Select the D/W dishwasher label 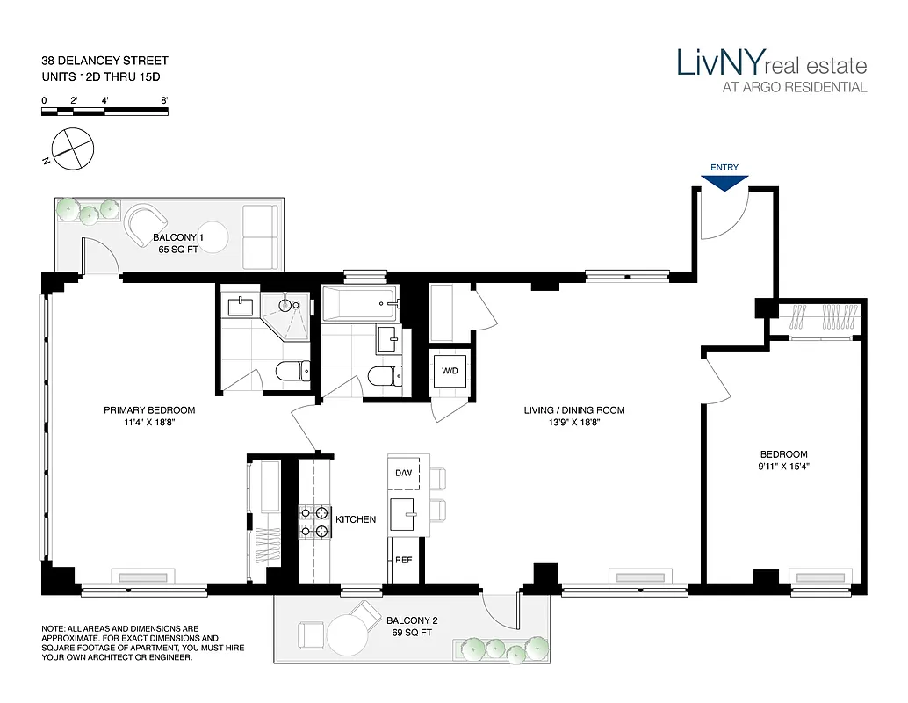coord(404,473)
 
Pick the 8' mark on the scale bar coord(164,101)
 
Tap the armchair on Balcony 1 coord(147,225)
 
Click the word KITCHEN coord(356,519)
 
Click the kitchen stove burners coord(314,521)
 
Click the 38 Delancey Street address coord(104,61)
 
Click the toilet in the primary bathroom coord(290,373)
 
